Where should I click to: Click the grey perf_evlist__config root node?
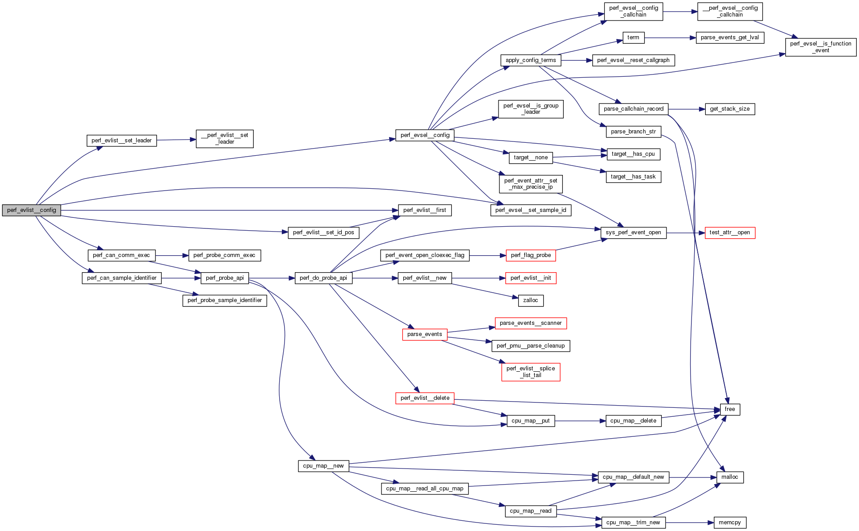pyautogui.click(x=31, y=210)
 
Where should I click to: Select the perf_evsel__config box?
pyautogui.click(x=425, y=135)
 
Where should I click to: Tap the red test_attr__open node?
pyautogui.click(x=729, y=232)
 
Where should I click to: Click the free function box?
pyautogui.click(x=729, y=409)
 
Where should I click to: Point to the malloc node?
pyautogui.click(x=729, y=477)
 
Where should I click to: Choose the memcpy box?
pyautogui.click(x=729, y=523)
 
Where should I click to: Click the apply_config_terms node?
pyautogui.click(x=531, y=60)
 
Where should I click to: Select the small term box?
pyautogui.click(x=633, y=37)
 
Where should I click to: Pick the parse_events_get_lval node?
pyautogui.click(x=729, y=37)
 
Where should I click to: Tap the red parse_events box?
pyautogui.click(x=424, y=334)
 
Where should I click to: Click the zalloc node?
pyautogui.click(x=530, y=300)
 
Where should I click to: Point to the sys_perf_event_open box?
pyautogui.click(x=633, y=232)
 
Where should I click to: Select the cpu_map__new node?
pyautogui.click(x=323, y=466)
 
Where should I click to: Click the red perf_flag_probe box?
pyautogui.click(x=530, y=255)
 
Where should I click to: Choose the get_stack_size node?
pyautogui.click(x=729, y=109)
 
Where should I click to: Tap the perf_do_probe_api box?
pyautogui.click(x=323, y=278)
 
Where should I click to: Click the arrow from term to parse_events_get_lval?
pyautogui.click(x=670, y=38)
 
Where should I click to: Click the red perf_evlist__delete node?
pyautogui.click(x=424, y=398)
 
